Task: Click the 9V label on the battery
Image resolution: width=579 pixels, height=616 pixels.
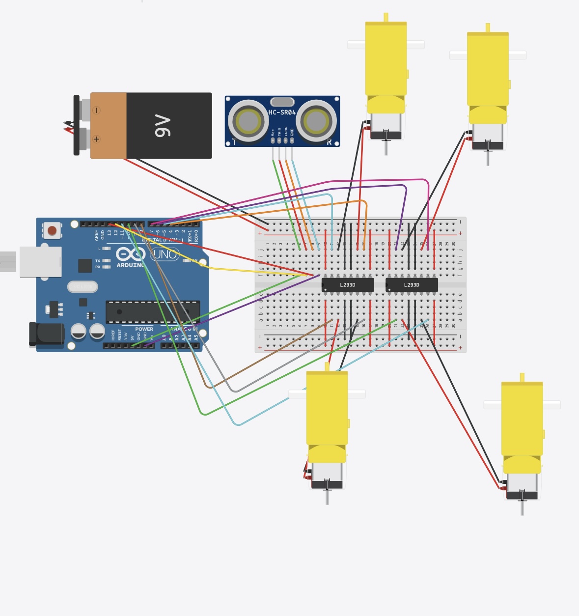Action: click(163, 126)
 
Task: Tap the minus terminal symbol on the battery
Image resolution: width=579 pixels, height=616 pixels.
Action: click(96, 111)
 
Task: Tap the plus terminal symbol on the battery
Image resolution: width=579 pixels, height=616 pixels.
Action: click(96, 140)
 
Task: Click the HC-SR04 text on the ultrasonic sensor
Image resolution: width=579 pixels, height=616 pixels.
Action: click(282, 112)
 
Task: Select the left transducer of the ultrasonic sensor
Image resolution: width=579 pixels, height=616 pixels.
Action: click(248, 121)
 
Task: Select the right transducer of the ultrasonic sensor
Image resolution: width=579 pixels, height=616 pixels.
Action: click(316, 121)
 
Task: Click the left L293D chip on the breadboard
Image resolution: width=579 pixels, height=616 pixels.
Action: click(348, 285)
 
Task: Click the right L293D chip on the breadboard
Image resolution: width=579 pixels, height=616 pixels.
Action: click(412, 285)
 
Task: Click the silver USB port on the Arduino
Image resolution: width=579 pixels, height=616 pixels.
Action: click(40, 262)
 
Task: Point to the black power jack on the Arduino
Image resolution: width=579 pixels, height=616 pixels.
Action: click(47, 334)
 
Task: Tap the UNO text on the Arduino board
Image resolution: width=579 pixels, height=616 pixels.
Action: click(165, 254)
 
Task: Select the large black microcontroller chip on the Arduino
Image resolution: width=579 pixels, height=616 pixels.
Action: click(153, 312)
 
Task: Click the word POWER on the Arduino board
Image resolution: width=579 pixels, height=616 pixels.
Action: click(144, 329)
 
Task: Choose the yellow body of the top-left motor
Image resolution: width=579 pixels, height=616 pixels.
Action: click(386, 59)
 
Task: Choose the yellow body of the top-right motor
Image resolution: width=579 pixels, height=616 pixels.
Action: click(487, 69)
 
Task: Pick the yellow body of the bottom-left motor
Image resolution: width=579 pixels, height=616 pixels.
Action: click(327, 408)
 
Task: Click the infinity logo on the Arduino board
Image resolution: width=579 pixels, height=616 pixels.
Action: click(130, 254)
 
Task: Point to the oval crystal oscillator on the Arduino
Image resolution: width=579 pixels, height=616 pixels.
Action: click(83, 286)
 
